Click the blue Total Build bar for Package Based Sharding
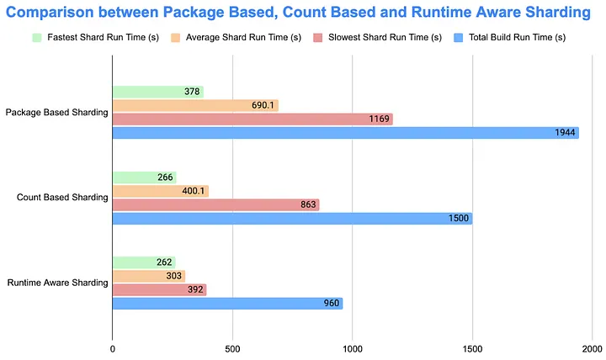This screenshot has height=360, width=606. (345, 133)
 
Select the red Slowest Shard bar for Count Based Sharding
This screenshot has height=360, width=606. (215, 204)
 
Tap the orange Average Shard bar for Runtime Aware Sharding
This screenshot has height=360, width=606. (148, 276)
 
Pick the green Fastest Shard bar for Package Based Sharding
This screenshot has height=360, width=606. (157, 92)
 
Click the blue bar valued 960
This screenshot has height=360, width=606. (227, 303)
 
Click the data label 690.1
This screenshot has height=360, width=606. (263, 106)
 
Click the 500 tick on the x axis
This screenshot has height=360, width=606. (232, 347)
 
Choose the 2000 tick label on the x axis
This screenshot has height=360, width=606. (592, 347)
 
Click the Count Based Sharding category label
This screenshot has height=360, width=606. (62, 198)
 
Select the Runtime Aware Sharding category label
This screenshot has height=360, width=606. (56, 283)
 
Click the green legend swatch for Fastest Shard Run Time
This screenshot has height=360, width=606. (36, 38)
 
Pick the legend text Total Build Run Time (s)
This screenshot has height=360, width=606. (522, 38)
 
